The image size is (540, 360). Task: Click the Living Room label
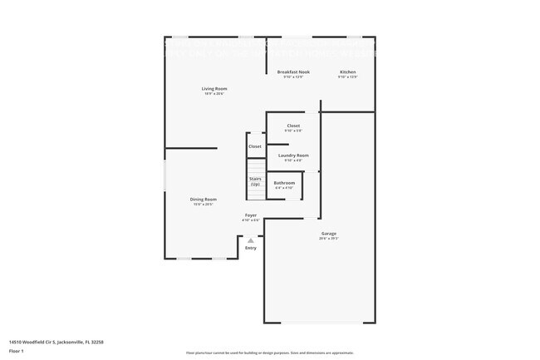click(x=214, y=89)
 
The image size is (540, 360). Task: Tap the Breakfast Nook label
click(x=293, y=72)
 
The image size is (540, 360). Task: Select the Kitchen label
click(x=348, y=72)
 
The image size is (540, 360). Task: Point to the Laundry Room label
click(x=293, y=155)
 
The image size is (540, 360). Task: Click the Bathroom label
click(x=284, y=183)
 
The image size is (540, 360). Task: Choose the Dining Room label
click(x=204, y=199)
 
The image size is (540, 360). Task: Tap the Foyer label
click(x=250, y=215)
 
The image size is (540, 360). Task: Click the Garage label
click(x=329, y=234)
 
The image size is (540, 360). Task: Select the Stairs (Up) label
click(x=255, y=181)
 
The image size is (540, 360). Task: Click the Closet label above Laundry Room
click(x=293, y=126)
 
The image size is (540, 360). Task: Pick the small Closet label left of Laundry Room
click(x=255, y=146)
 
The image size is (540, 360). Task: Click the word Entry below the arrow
click(x=251, y=248)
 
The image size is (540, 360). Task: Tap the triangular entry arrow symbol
click(x=251, y=240)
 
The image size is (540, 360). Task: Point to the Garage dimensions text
click(x=329, y=239)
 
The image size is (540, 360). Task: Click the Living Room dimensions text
click(x=214, y=94)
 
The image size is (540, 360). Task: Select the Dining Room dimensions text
click(x=204, y=204)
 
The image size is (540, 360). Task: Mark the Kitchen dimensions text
click(x=348, y=77)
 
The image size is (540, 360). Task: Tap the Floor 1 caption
click(x=16, y=351)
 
